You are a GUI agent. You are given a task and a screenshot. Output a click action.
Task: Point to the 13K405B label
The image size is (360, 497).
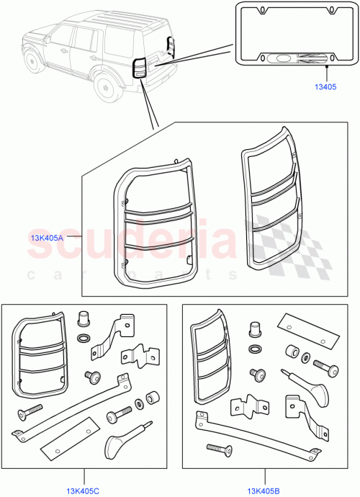point(264,492)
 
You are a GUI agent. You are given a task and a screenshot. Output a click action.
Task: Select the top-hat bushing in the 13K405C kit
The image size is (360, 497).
point(83,321)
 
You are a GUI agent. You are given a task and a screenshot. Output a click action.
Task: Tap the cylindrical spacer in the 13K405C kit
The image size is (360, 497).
point(153,399)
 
